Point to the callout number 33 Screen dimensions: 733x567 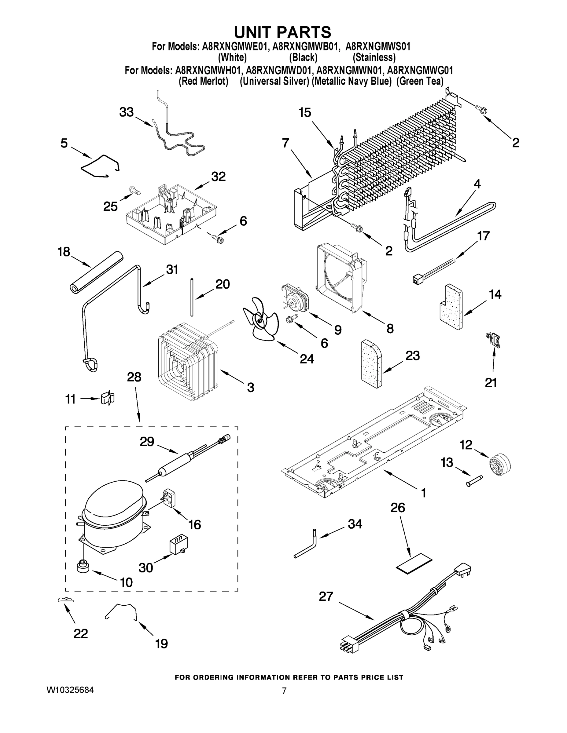126,112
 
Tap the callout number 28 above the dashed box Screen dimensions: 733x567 134,377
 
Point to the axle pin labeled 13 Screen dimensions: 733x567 473,480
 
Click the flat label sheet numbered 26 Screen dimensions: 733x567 414,565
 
